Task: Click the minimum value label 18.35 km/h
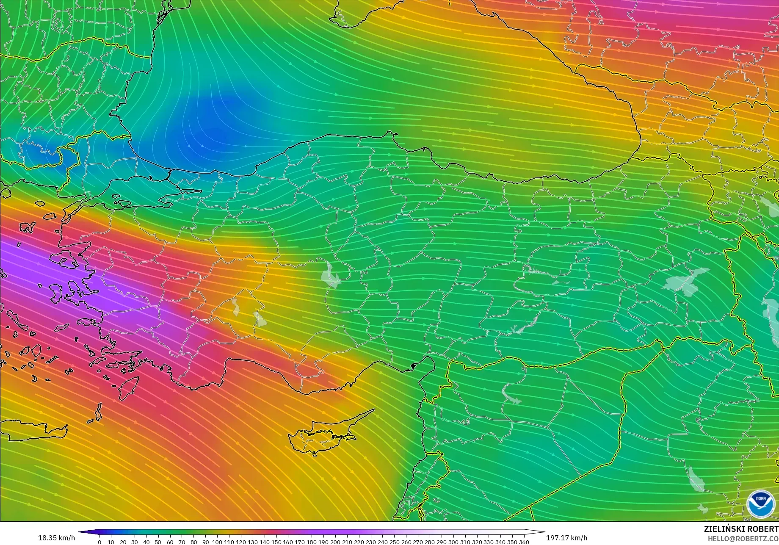click(57, 538)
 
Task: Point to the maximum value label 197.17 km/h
click(566, 538)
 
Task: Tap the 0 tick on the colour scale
click(99, 542)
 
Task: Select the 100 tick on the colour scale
click(217, 542)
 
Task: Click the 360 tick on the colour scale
click(524, 542)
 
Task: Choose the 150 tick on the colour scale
click(276, 542)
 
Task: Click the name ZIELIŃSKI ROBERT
click(741, 529)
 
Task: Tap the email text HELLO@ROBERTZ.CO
click(744, 538)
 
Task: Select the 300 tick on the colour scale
click(453, 542)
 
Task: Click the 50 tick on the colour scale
click(158, 542)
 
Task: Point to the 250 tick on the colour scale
click(394, 542)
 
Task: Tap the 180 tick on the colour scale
click(312, 542)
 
